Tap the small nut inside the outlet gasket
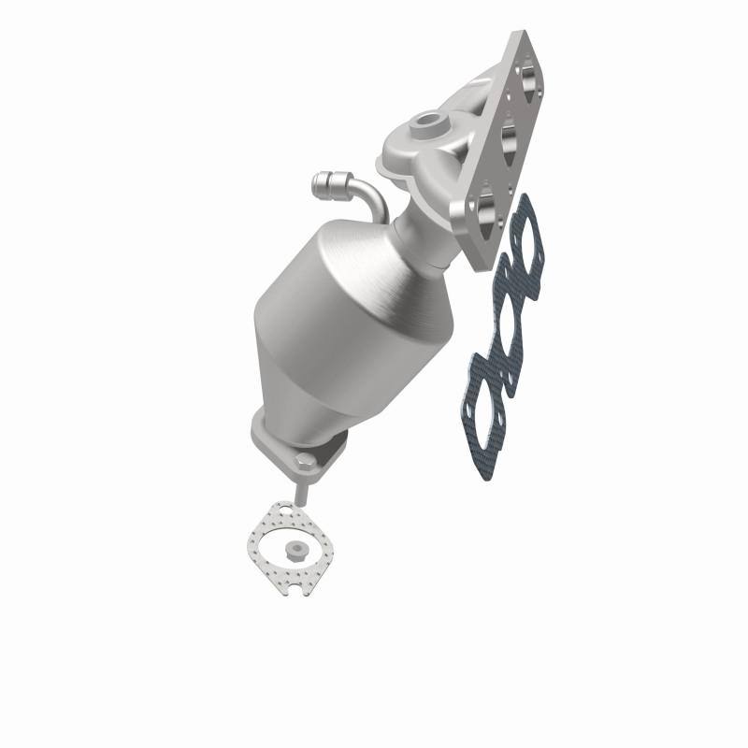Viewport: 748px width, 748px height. point(297,550)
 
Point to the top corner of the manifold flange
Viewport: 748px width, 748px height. point(516,39)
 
